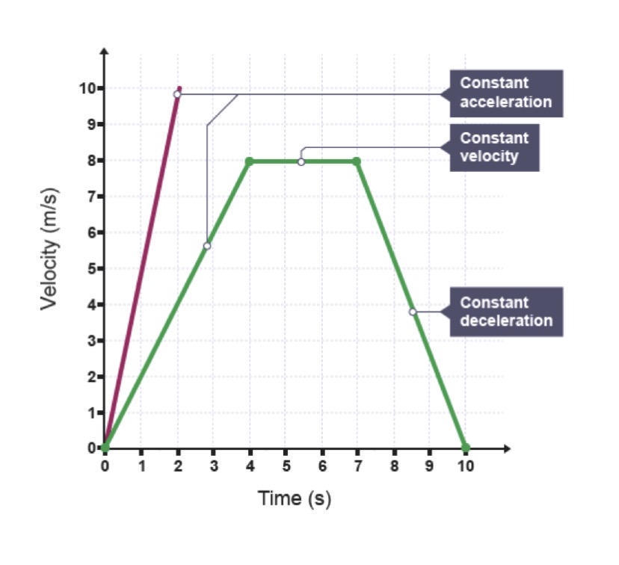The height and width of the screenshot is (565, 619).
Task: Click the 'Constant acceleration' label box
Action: [x=505, y=93]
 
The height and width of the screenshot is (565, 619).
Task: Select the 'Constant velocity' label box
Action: [x=494, y=148]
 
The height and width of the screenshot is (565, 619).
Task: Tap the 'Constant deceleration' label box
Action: [x=505, y=312]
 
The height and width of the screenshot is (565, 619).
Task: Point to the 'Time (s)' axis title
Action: [x=295, y=498]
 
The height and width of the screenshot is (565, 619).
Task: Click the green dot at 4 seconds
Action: [x=250, y=161]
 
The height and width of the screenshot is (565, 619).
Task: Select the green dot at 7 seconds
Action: [x=357, y=161]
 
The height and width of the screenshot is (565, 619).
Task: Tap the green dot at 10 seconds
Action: [x=465, y=448]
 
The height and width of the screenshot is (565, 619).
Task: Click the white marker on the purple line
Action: [x=177, y=94]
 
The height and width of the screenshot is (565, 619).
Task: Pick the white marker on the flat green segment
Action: [x=301, y=161]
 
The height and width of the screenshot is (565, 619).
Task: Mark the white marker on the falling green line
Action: [x=413, y=312]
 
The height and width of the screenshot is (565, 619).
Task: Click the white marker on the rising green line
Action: [x=207, y=246]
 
